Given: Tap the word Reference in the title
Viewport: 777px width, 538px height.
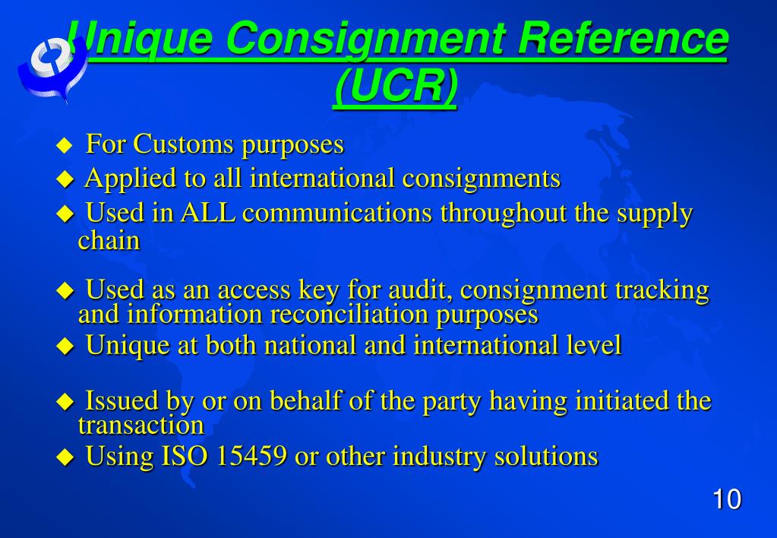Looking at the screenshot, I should coord(623,40).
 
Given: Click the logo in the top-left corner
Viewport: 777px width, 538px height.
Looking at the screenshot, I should coord(50,65).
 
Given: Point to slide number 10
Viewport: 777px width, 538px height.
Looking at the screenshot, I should coord(726,500).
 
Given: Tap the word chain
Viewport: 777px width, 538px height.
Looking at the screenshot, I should coord(109,240).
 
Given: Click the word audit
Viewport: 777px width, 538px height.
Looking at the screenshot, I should coord(419,290).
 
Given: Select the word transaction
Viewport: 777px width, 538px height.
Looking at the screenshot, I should coord(141,424).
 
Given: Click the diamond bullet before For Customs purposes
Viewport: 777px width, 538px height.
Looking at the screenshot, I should coord(65,144).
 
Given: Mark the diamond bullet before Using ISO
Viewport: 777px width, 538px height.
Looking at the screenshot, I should coord(67,457).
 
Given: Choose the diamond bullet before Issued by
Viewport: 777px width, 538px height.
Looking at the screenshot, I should coord(67,401).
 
